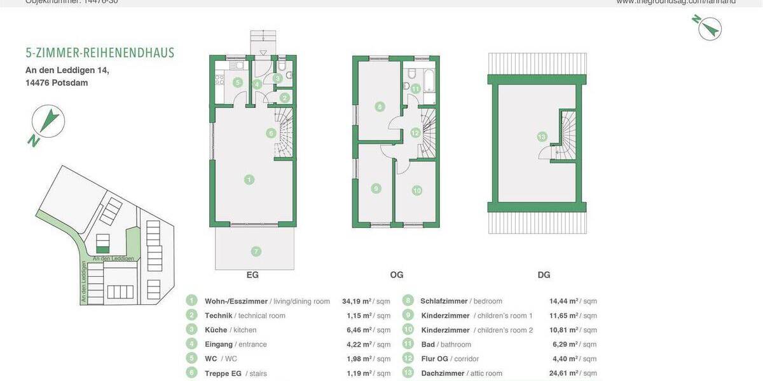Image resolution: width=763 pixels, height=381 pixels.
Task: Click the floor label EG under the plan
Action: (252, 275)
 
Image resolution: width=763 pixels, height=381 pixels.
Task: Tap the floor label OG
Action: (397, 275)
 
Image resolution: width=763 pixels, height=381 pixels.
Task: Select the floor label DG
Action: (544, 275)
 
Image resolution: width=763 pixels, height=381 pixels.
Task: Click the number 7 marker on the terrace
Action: (256, 251)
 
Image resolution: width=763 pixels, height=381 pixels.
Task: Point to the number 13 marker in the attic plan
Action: (542, 137)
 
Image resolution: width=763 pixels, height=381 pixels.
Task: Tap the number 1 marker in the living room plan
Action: (249, 180)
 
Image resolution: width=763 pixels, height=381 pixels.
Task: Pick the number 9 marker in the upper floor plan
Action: (376, 189)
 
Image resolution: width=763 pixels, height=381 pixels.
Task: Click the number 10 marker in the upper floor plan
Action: (416, 190)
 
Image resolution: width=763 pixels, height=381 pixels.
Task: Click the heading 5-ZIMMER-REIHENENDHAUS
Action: (100, 53)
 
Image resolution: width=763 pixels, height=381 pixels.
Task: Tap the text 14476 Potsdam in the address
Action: (52, 83)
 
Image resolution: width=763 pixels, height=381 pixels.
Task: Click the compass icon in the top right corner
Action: (707, 27)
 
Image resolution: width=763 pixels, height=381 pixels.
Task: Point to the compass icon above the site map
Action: (48, 122)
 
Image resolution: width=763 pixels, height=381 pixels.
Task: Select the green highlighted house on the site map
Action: (102, 243)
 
